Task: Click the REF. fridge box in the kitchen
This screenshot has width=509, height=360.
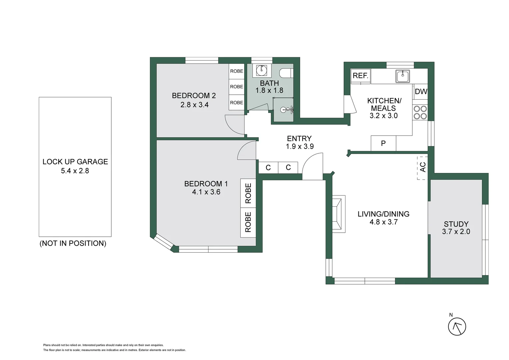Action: pyautogui.click(x=360, y=76)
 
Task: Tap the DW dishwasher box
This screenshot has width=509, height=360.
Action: pyautogui.click(x=421, y=92)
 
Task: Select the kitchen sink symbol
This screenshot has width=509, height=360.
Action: pyautogui.click(x=403, y=76)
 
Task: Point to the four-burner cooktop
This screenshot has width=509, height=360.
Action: pyautogui.click(x=420, y=113)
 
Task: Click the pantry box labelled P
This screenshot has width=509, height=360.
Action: pyautogui.click(x=383, y=143)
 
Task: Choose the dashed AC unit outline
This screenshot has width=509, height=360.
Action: pyautogui.click(x=422, y=168)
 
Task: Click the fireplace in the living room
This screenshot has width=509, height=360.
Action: pyautogui.click(x=338, y=214)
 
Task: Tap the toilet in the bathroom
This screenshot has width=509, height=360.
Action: pyautogui.click(x=286, y=73)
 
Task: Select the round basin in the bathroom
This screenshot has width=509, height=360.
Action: pyautogui.click(x=261, y=70)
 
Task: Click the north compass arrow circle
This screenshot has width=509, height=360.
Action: pyautogui.click(x=457, y=327)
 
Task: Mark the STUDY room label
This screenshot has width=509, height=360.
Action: pyautogui.click(x=456, y=224)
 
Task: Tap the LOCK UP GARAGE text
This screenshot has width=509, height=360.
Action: pyautogui.click(x=75, y=162)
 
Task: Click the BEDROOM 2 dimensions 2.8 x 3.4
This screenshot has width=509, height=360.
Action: pyautogui.click(x=195, y=105)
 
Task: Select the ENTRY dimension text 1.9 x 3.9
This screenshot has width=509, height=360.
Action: pyautogui.click(x=300, y=146)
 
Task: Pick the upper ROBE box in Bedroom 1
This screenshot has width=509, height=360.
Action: pyautogui.click(x=248, y=193)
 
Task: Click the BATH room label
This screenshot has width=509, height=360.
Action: pyautogui.click(x=269, y=83)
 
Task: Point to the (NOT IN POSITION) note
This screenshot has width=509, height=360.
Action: pyautogui.click(x=73, y=243)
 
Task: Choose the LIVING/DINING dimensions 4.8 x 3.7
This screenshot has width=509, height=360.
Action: pyautogui.click(x=383, y=222)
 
